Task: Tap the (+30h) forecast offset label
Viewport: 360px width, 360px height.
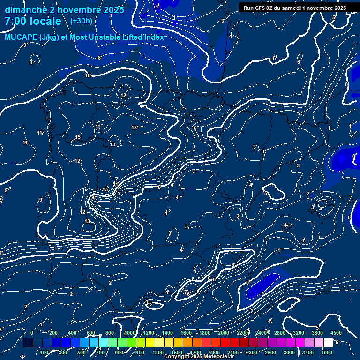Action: [x=81, y=21]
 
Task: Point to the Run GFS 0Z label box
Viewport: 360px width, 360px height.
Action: [x=294, y=8]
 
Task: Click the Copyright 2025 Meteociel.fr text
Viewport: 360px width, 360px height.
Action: [x=199, y=357]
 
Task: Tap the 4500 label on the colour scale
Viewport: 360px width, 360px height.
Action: [x=336, y=333]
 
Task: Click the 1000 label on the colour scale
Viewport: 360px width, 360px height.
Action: [x=129, y=333]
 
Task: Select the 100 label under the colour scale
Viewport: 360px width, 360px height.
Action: [x=45, y=352]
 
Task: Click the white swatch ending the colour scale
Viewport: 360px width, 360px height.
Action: [x=328, y=343]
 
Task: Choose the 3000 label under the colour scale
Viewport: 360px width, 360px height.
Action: [x=289, y=352]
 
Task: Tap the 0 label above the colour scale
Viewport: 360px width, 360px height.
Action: [x=31, y=333]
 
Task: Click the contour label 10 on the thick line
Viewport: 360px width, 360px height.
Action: [x=88, y=75]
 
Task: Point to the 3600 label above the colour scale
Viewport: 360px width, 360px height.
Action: [x=317, y=333]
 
